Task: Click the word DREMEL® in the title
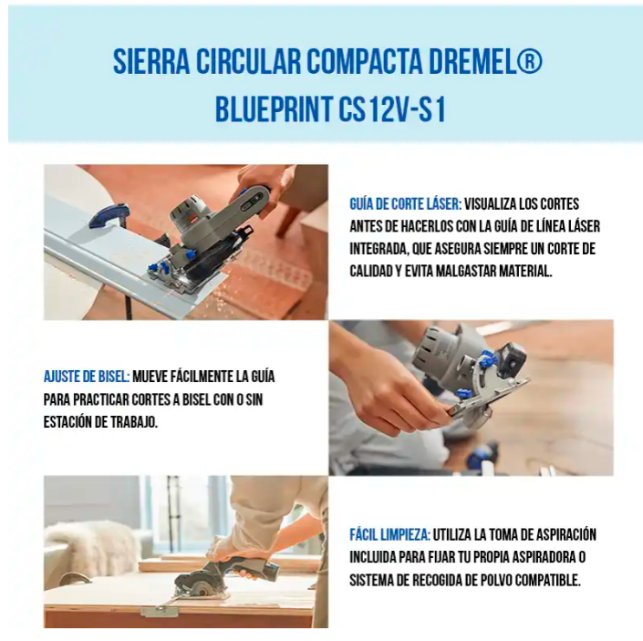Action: click(x=485, y=62)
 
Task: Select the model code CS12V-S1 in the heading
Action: click(x=392, y=109)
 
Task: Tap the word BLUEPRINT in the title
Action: click(x=274, y=109)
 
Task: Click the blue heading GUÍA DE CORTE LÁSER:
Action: click(x=406, y=204)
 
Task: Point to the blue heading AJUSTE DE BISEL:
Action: click(x=87, y=377)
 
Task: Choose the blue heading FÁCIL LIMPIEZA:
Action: click(x=390, y=535)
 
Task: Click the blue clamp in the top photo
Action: click(x=109, y=215)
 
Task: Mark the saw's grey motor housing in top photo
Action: click(x=190, y=213)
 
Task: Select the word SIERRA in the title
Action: click(x=151, y=62)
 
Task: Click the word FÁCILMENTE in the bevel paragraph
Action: click(x=201, y=377)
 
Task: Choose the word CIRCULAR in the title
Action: click(x=248, y=62)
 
